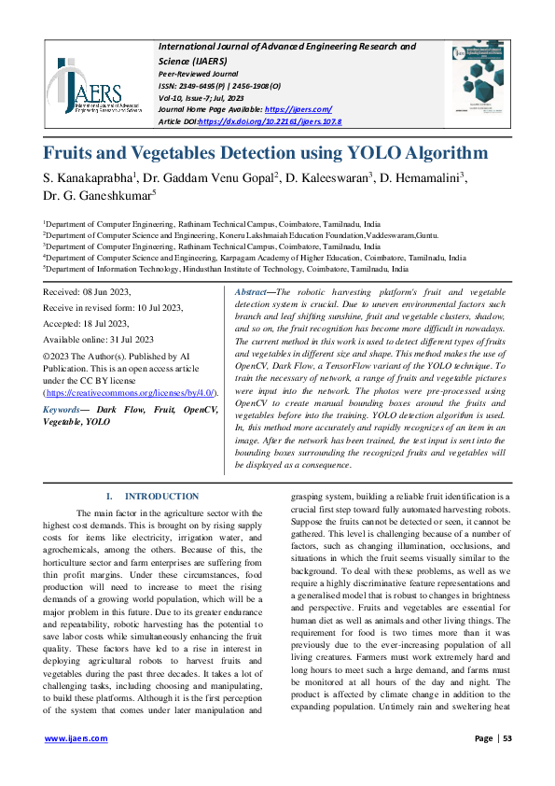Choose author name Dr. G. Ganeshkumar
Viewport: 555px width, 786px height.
(97, 195)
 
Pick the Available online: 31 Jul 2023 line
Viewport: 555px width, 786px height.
(98, 340)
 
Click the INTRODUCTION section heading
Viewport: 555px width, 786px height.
(161, 497)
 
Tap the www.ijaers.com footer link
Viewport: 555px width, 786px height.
(76, 739)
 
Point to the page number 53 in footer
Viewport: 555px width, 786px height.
(508, 739)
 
